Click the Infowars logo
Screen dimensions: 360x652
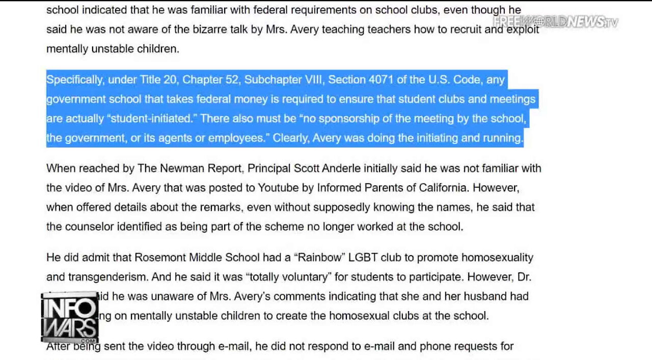click(x=69, y=317)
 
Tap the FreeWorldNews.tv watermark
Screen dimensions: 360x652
click(x=555, y=22)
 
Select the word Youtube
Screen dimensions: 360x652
click(x=278, y=187)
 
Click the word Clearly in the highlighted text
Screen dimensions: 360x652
click(x=290, y=137)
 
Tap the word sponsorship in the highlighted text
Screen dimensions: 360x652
click(x=347, y=118)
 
